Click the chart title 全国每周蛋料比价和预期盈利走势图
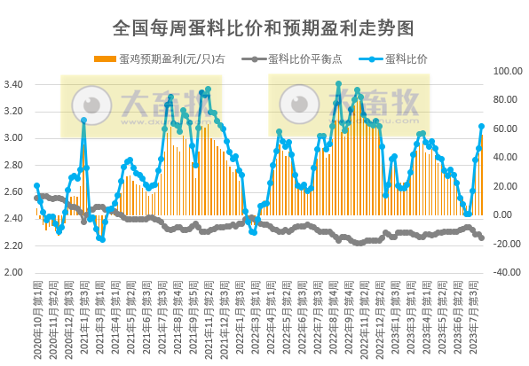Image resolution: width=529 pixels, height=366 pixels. click(x=264, y=27)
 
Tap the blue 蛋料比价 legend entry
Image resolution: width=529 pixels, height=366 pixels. click(x=399, y=59)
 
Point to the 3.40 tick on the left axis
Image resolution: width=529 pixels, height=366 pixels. click(x=14, y=85)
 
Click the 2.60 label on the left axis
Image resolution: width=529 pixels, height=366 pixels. click(x=14, y=192)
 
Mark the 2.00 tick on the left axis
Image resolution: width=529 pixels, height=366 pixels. click(x=14, y=273)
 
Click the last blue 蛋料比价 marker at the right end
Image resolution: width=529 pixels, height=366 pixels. click(x=482, y=127)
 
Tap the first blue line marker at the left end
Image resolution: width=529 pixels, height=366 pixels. click(x=36, y=186)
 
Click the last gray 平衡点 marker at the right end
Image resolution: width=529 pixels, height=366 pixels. click(x=482, y=238)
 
